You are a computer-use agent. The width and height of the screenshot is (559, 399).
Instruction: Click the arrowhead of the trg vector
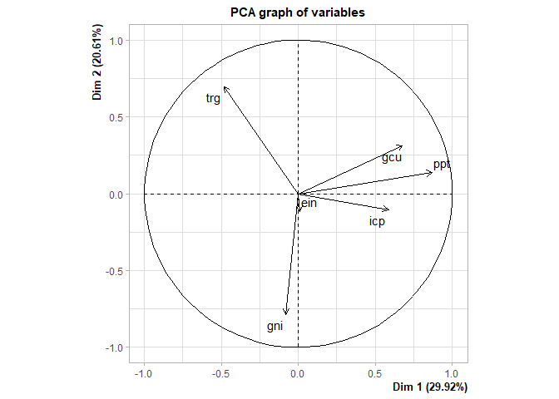pos(224,86)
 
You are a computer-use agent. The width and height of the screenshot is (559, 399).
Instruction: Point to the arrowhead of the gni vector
pos(286,314)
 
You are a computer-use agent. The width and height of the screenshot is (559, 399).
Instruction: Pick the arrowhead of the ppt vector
pos(433,172)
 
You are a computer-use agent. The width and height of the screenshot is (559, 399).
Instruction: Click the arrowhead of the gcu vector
pos(403,146)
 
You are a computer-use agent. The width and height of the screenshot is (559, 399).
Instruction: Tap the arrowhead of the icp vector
pos(388,209)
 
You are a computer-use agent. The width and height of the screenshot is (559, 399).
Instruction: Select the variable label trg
pos(213,99)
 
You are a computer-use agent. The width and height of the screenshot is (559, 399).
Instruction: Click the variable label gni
pos(275,327)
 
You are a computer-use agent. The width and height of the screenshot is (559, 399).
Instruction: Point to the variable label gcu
pos(392,157)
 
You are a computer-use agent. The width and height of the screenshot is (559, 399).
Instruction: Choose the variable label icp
pos(377,222)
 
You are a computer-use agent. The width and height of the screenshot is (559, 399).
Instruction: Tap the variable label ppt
pos(442,165)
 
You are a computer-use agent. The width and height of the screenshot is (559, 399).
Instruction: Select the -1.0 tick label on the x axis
pos(144,374)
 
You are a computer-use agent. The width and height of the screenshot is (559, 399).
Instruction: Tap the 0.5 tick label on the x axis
pos(375,374)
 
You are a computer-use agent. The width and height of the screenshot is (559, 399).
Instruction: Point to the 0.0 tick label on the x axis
pos(298,374)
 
